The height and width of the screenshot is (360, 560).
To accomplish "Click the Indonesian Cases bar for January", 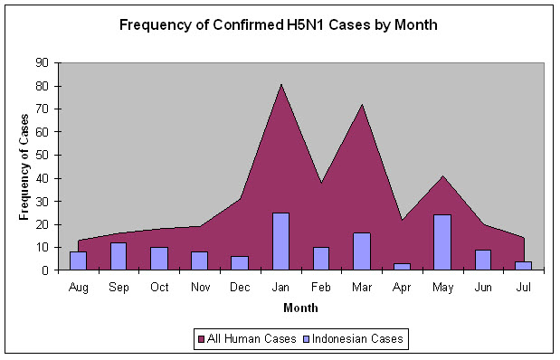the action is pyautogui.click(x=280, y=242).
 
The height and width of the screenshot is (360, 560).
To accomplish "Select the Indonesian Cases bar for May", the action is pyautogui.click(x=442, y=242).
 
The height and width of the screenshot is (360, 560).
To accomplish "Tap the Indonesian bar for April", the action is pyautogui.click(x=403, y=267).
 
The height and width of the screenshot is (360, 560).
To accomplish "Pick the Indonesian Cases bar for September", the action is pyautogui.click(x=119, y=256).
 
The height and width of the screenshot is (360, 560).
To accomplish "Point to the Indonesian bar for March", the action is pyautogui.click(x=362, y=251).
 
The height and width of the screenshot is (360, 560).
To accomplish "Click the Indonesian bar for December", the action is pyautogui.click(x=240, y=263).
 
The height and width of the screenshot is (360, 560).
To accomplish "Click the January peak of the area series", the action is pyautogui.click(x=281, y=85).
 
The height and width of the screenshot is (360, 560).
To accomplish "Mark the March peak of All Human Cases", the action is pyautogui.click(x=362, y=105).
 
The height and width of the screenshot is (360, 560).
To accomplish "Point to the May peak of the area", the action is pyautogui.click(x=443, y=176).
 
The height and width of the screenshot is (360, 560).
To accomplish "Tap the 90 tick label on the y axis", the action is pyautogui.click(x=42, y=62).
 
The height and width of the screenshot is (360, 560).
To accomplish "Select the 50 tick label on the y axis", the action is pyautogui.click(x=42, y=156).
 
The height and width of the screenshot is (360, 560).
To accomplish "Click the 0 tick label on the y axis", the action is pyautogui.click(x=45, y=270).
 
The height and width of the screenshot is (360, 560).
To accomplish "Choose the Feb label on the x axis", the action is pyautogui.click(x=321, y=287).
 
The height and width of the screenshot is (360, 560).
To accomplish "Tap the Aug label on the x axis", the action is pyautogui.click(x=78, y=288).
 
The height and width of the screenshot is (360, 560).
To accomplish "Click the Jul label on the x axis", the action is pyautogui.click(x=523, y=287).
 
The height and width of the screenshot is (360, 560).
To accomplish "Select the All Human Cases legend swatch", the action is pyautogui.click(x=201, y=339).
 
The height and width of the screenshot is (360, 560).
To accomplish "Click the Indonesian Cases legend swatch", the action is pyautogui.click(x=306, y=339).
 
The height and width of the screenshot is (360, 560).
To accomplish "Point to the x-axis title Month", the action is pyautogui.click(x=300, y=308).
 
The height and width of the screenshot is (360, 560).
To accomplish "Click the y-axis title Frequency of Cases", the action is pyautogui.click(x=24, y=167).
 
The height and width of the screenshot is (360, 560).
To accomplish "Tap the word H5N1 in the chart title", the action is pyautogui.click(x=306, y=25).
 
